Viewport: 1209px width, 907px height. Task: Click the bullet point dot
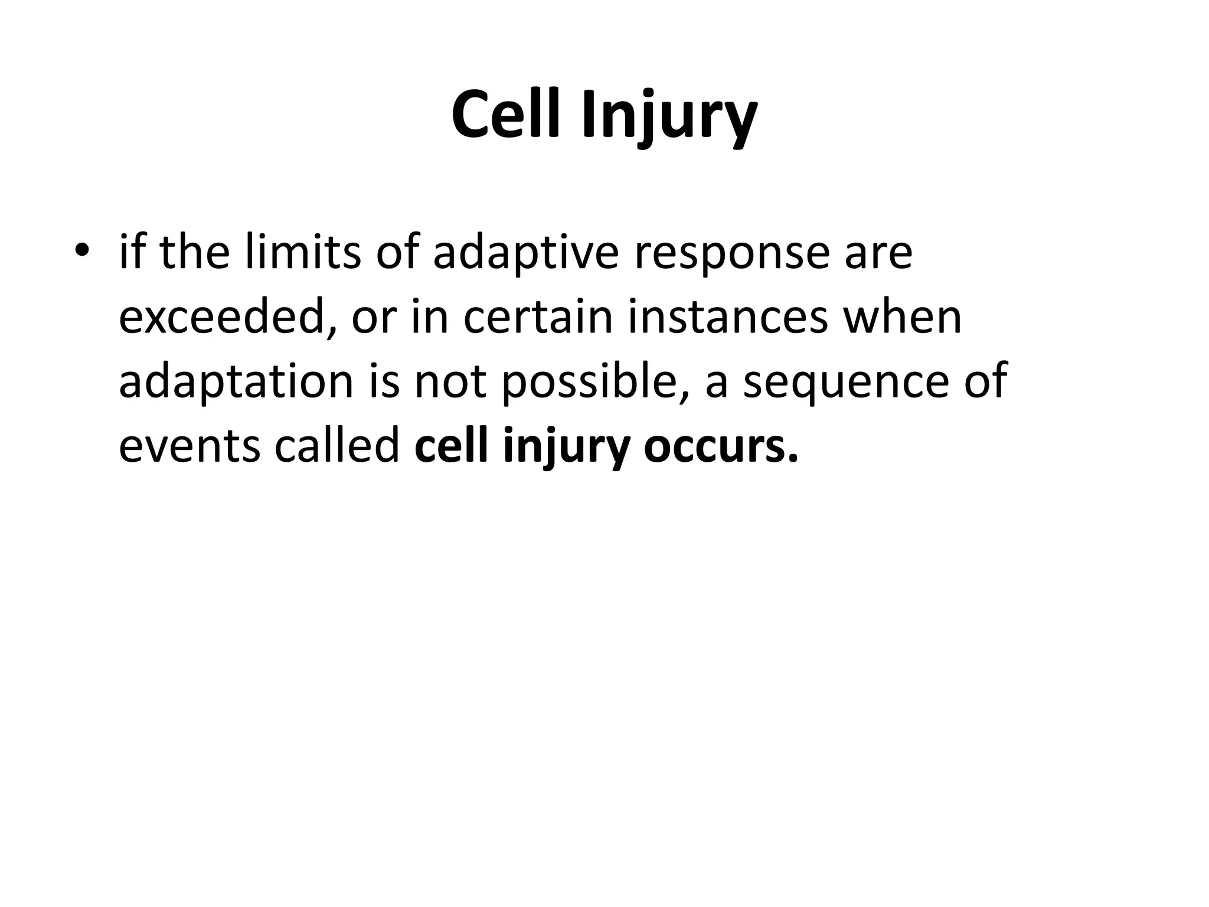81,250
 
